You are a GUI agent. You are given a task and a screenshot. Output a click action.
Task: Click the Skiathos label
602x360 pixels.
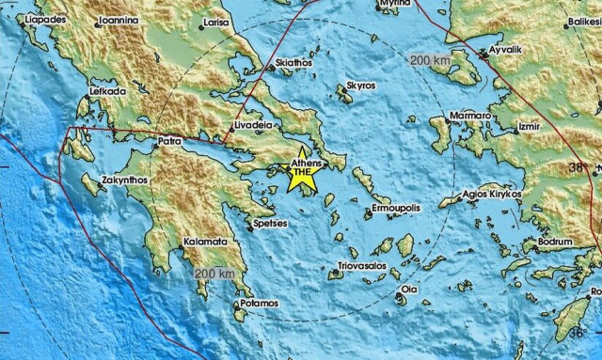pos(267,62)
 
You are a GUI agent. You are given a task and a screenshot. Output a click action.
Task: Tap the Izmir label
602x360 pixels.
pos(531,124)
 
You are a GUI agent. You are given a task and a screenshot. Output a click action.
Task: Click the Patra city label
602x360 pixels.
pos(168,143)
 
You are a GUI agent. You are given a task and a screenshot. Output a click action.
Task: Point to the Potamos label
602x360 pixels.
pos(259,304)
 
